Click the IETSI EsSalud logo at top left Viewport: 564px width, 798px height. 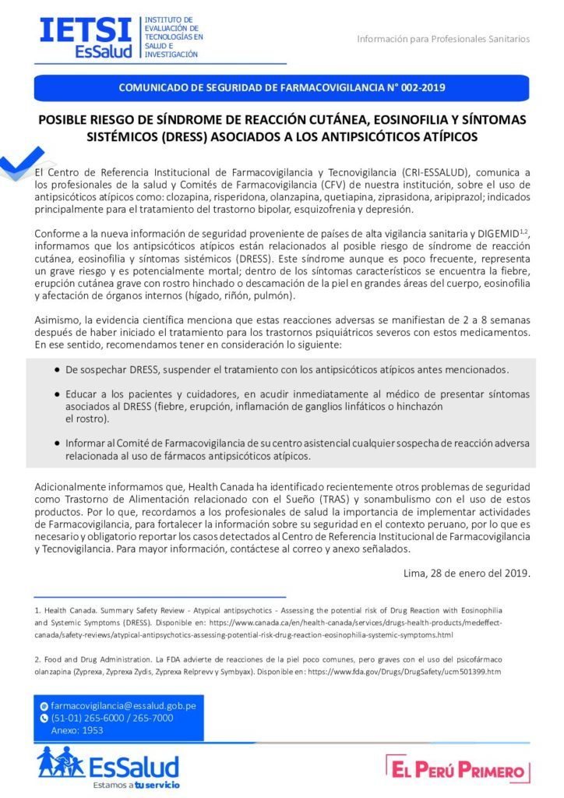[x=86, y=37]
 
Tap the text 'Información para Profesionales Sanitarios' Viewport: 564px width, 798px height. [x=443, y=39]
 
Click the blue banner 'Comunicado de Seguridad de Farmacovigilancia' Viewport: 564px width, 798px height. [x=281, y=88]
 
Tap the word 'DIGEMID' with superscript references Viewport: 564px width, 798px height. [x=492, y=235]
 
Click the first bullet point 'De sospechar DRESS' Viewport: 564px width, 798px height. [x=287, y=369]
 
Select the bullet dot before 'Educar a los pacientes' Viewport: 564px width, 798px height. [x=58, y=394]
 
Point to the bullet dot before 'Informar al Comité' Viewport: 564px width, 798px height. [x=58, y=443]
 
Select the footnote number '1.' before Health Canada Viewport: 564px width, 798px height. [x=37, y=608]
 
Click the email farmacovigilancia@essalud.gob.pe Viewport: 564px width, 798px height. [x=123, y=705]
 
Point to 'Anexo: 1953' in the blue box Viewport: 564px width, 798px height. [x=77, y=730]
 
